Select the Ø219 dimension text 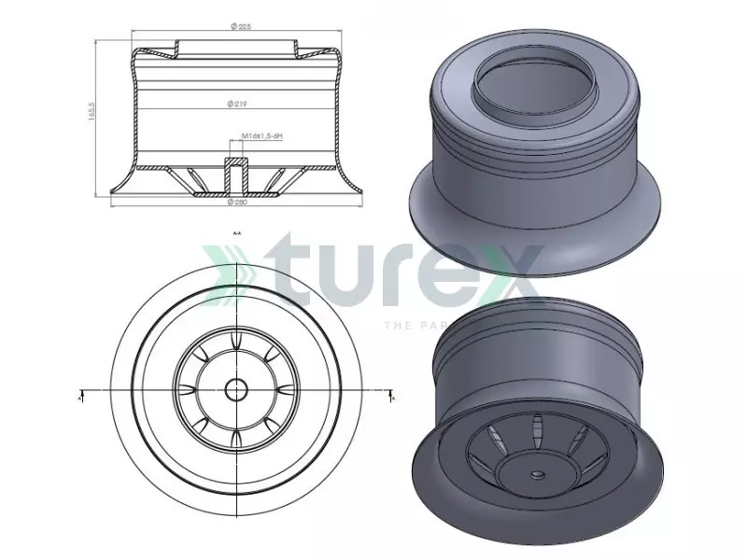[234, 103]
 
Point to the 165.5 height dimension [92, 113]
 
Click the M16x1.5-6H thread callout [261, 136]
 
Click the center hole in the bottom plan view [234, 387]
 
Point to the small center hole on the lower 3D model [538, 474]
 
